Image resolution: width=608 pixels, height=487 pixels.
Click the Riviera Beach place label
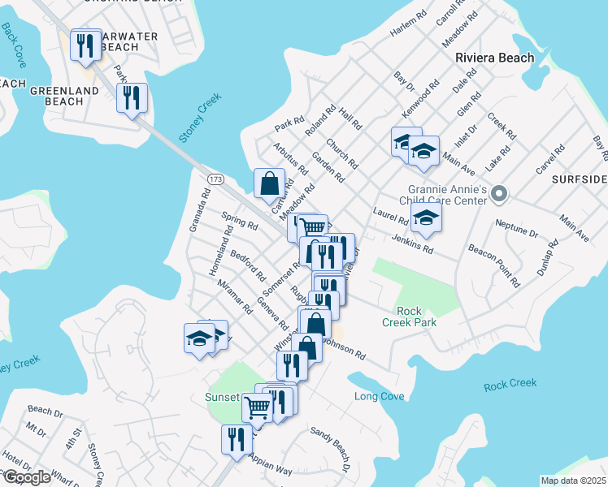tap(494, 58)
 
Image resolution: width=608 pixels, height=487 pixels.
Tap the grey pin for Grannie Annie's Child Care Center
tap(501, 194)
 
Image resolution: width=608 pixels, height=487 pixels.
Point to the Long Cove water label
tap(380, 397)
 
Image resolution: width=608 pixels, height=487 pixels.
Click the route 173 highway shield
tap(215, 179)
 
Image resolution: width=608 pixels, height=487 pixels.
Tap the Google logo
tap(26, 476)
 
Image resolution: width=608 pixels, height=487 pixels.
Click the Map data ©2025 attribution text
tap(573, 481)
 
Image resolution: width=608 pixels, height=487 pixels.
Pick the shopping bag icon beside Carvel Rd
tap(269, 183)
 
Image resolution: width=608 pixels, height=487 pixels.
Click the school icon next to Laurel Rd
tap(425, 218)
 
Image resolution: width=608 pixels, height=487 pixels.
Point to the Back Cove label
tap(14, 44)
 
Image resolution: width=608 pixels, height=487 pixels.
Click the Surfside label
tap(580, 178)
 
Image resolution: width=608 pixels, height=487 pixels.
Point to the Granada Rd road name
tap(198, 210)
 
